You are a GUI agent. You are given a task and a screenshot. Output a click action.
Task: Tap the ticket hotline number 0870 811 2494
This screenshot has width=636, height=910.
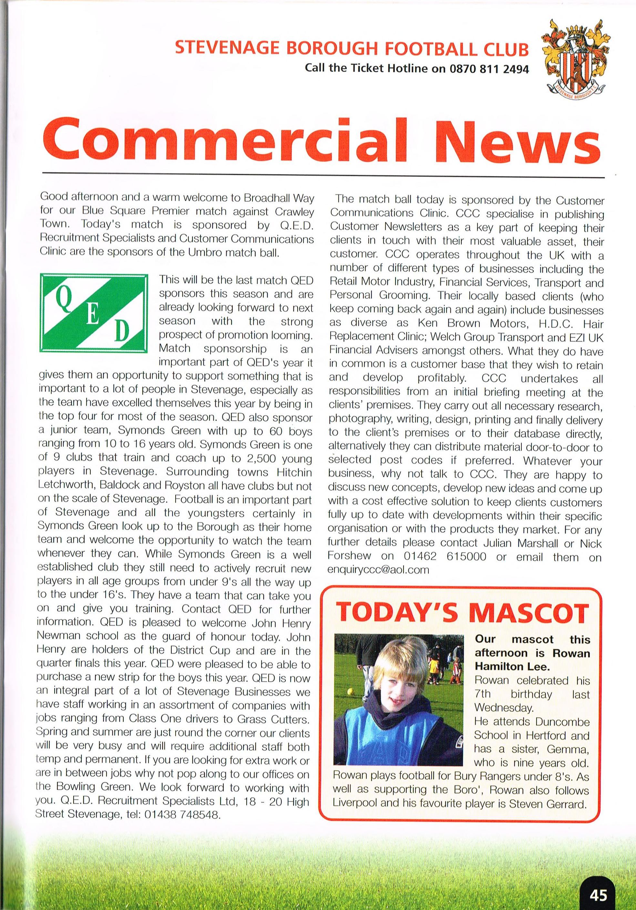coord(489,69)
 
